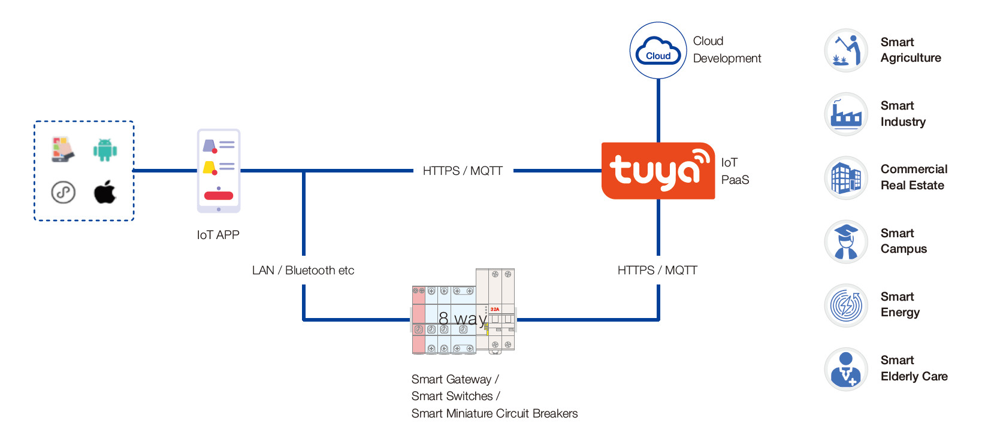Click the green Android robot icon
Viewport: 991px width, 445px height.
105,150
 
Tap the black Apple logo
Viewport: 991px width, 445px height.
105,192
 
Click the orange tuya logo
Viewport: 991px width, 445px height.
658,171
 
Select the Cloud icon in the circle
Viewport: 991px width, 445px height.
658,51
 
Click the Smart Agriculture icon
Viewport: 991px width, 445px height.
846,50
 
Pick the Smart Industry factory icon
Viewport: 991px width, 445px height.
846,114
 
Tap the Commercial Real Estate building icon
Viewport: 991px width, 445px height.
846,178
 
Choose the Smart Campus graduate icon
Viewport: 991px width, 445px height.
846,241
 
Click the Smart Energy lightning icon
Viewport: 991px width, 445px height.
846,305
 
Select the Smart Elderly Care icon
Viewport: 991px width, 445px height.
846,369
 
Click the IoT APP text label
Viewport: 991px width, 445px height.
218,235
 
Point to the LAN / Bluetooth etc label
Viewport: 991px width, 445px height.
303,270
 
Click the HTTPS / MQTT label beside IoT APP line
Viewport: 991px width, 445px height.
463,171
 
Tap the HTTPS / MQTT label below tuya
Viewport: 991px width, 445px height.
657,270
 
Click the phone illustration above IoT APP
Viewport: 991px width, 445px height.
219,171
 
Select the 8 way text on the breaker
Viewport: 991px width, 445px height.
462,318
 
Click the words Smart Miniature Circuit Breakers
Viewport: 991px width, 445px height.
494,413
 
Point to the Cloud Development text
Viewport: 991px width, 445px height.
727,50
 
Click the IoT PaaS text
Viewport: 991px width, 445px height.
735,171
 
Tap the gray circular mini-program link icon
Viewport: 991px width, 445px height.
63,192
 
